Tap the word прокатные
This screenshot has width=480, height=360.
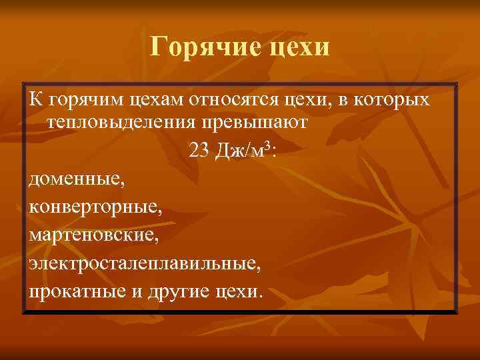(72, 292)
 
